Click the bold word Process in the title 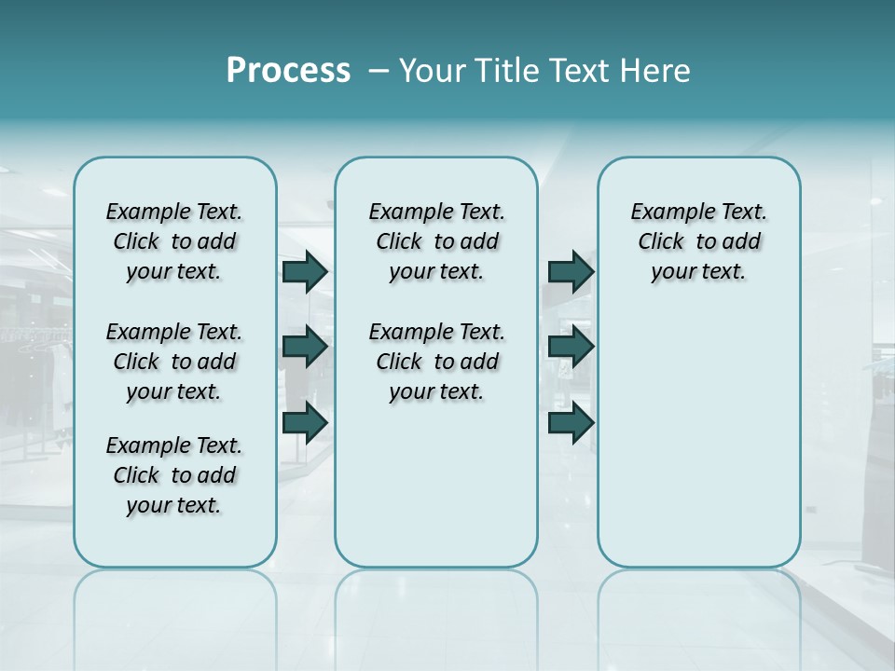tap(288, 71)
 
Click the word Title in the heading tap(502, 71)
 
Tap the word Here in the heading tap(656, 71)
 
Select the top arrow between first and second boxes tap(305, 271)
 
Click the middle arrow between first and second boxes tap(305, 347)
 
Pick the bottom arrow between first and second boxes tap(305, 422)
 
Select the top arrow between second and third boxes tap(571, 271)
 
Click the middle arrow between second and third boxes tap(571, 347)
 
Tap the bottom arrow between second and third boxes tap(571, 422)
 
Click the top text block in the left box tap(174, 241)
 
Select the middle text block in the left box tap(174, 362)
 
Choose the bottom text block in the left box tap(174, 475)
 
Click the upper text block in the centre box tap(436, 241)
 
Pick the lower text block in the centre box tap(436, 362)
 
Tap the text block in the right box tap(698, 241)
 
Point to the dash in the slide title tap(379, 72)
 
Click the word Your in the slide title tap(432, 71)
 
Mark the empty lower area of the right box tap(698, 438)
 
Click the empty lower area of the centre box tap(436, 485)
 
